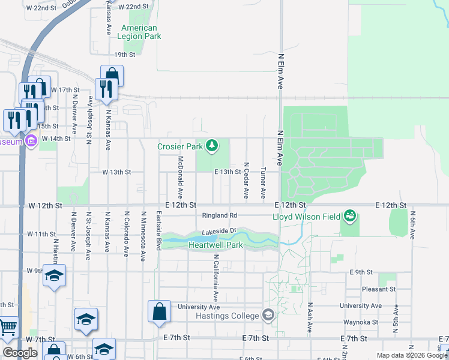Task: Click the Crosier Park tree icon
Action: [x=211, y=145]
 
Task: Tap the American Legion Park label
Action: [x=139, y=32]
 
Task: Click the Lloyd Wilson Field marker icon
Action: [x=350, y=215]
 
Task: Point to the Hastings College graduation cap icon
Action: [x=268, y=315]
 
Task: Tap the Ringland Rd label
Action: [x=220, y=215]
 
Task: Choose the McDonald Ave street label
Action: [x=180, y=178]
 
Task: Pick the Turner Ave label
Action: [x=263, y=183]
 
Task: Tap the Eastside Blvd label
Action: [x=159, y=230]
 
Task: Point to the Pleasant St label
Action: [x=379, y=289]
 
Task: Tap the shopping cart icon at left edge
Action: [x=7, y=328]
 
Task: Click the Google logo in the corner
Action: [x=20, y=353]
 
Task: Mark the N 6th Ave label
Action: [x=413, y=225]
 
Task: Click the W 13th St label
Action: [x=116, y=172]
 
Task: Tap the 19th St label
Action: [x=125, y=55]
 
